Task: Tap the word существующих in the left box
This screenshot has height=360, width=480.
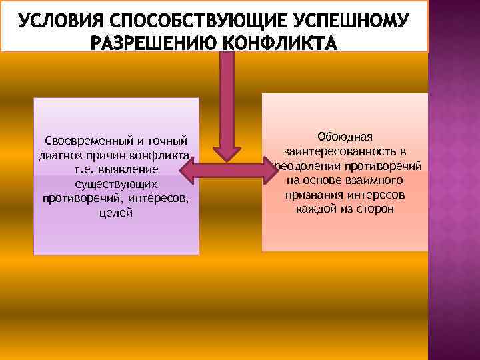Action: pos(116,185)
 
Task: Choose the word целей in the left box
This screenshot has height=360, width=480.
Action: pos(116,213)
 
